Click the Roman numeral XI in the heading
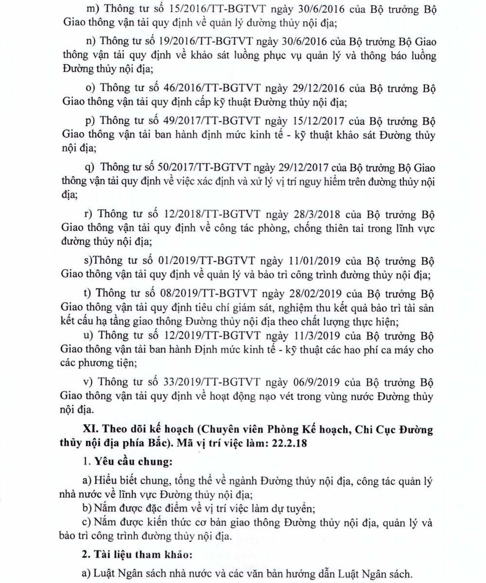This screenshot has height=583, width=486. click(x=91, y=429)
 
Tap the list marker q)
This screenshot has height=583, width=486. click(x=89, y=168)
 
